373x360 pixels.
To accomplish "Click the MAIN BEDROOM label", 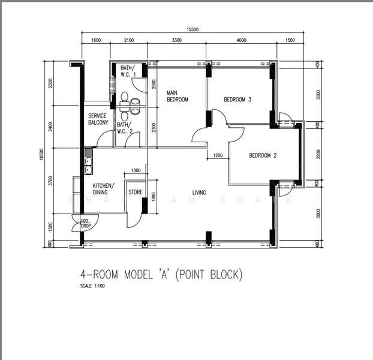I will point(178,96).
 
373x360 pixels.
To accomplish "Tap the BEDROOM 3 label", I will point(237,100).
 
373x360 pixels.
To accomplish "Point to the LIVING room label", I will point(199,193).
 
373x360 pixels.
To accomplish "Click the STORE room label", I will point(136,193).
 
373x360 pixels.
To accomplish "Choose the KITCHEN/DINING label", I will point(103,189).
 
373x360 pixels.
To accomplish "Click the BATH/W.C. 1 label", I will point(127,71).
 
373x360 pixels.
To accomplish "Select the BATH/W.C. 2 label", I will point(124,128).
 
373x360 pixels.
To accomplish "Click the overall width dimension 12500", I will point(192,29).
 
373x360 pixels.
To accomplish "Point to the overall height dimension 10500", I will point(40,154).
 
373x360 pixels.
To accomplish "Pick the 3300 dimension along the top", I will point(177,40).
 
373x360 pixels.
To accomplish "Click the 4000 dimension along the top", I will point(241,40).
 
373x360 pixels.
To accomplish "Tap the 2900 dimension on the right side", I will point(319,152).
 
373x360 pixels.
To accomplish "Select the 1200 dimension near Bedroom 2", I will point(218,156).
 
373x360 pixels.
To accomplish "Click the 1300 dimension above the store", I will point(136,171).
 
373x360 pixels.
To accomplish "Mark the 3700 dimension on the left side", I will point(50,181).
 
